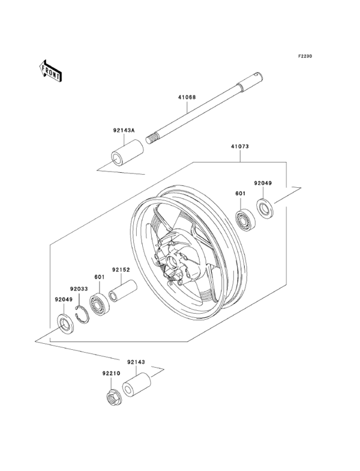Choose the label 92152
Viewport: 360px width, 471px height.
120,270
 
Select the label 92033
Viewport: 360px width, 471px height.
79,289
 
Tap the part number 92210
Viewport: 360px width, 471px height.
111,373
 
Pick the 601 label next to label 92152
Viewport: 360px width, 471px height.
99,277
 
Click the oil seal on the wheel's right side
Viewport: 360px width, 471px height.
265,208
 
